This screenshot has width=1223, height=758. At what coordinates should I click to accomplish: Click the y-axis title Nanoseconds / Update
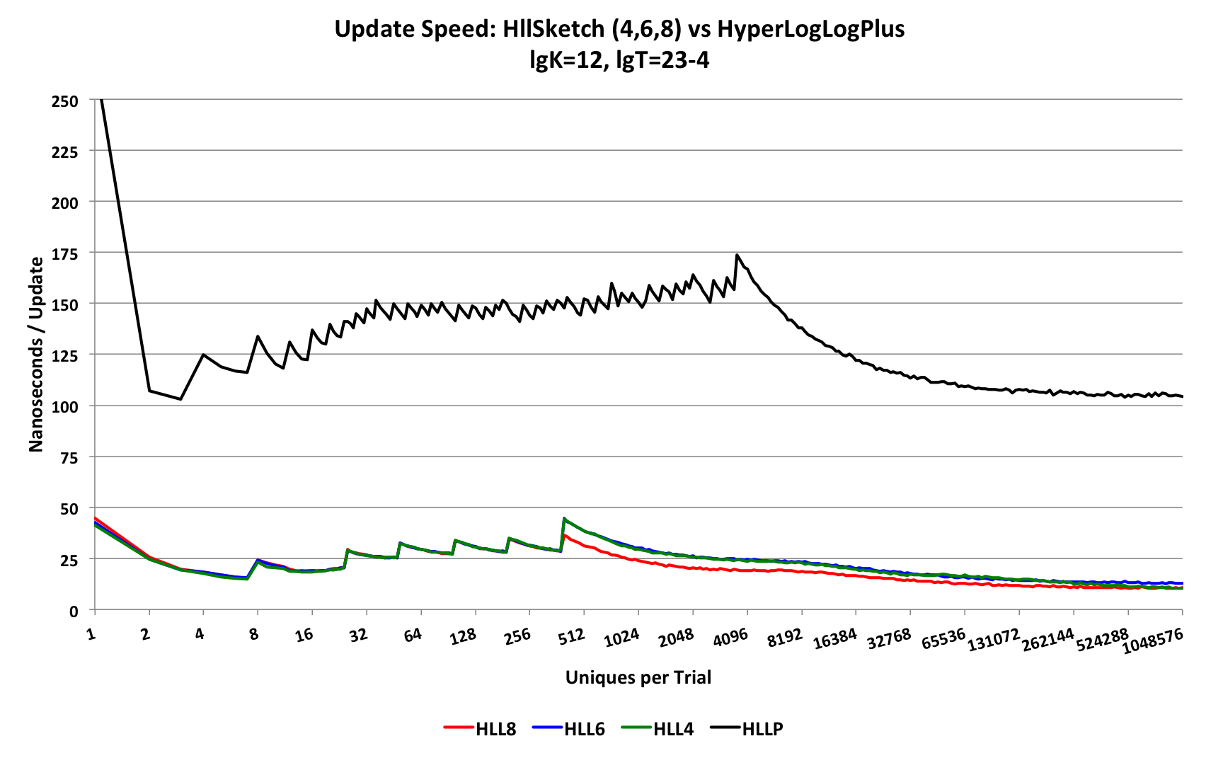tap(36, 354)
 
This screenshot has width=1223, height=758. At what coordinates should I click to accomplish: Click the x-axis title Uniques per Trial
tap(638, 677)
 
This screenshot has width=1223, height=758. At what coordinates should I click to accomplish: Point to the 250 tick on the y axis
tap(64, 101)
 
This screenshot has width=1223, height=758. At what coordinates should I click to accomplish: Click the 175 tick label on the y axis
tap(64, 253)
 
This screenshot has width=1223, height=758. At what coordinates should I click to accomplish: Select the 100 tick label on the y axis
tap(64, 406)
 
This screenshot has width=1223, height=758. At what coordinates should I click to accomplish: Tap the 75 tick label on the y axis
tap(68, 457)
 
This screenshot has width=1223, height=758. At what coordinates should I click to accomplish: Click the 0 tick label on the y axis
tap(73, 611)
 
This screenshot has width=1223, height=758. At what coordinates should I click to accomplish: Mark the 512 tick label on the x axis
tap(572, 636)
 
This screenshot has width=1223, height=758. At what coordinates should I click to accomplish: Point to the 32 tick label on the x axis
tap(359, 634)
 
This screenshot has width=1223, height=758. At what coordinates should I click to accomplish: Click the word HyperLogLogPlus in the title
tap(810, 29)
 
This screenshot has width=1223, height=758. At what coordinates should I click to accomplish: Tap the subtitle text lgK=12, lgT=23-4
tap(619, 60)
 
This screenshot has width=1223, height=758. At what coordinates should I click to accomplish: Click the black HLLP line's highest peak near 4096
tap(737, 255)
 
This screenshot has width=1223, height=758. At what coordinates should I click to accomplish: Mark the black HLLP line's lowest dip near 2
tap(180, 399)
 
